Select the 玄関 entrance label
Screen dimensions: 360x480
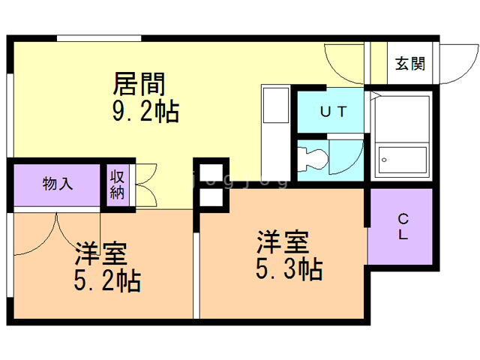[x=409, y=64]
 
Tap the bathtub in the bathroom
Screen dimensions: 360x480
[x=402, y=158]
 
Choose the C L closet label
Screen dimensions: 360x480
[x=403, y=226]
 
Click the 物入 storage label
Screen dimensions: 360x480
[x=58, y=183]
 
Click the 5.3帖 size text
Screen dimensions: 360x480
[x=289, y=268]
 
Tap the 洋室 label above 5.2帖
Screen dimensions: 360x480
[x=100, y=253]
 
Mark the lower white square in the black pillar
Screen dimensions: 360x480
[x=211, y=198]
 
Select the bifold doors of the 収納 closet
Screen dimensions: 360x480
[x=145, y=184]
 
